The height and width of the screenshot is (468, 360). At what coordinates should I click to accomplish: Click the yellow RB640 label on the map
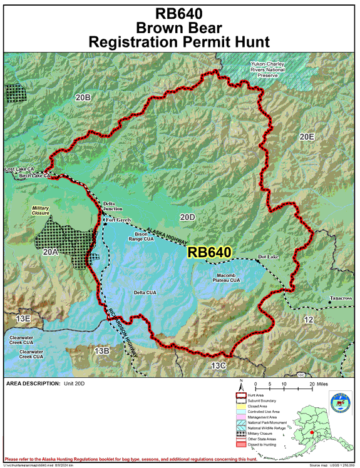(x=210, y=252)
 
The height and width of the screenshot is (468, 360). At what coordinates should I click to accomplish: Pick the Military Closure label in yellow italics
(x=41, y=210)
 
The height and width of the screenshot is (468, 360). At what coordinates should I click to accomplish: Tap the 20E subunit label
(x=306, y=136)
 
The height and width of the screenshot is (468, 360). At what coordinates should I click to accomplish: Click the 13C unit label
(x=218, y=365)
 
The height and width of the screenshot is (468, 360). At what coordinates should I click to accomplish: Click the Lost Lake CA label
(x=19, y=170)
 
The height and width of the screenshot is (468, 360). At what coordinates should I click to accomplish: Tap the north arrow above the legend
(x=240, y=384)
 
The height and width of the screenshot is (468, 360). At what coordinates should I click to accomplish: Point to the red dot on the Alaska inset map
(x=329, y=432)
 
